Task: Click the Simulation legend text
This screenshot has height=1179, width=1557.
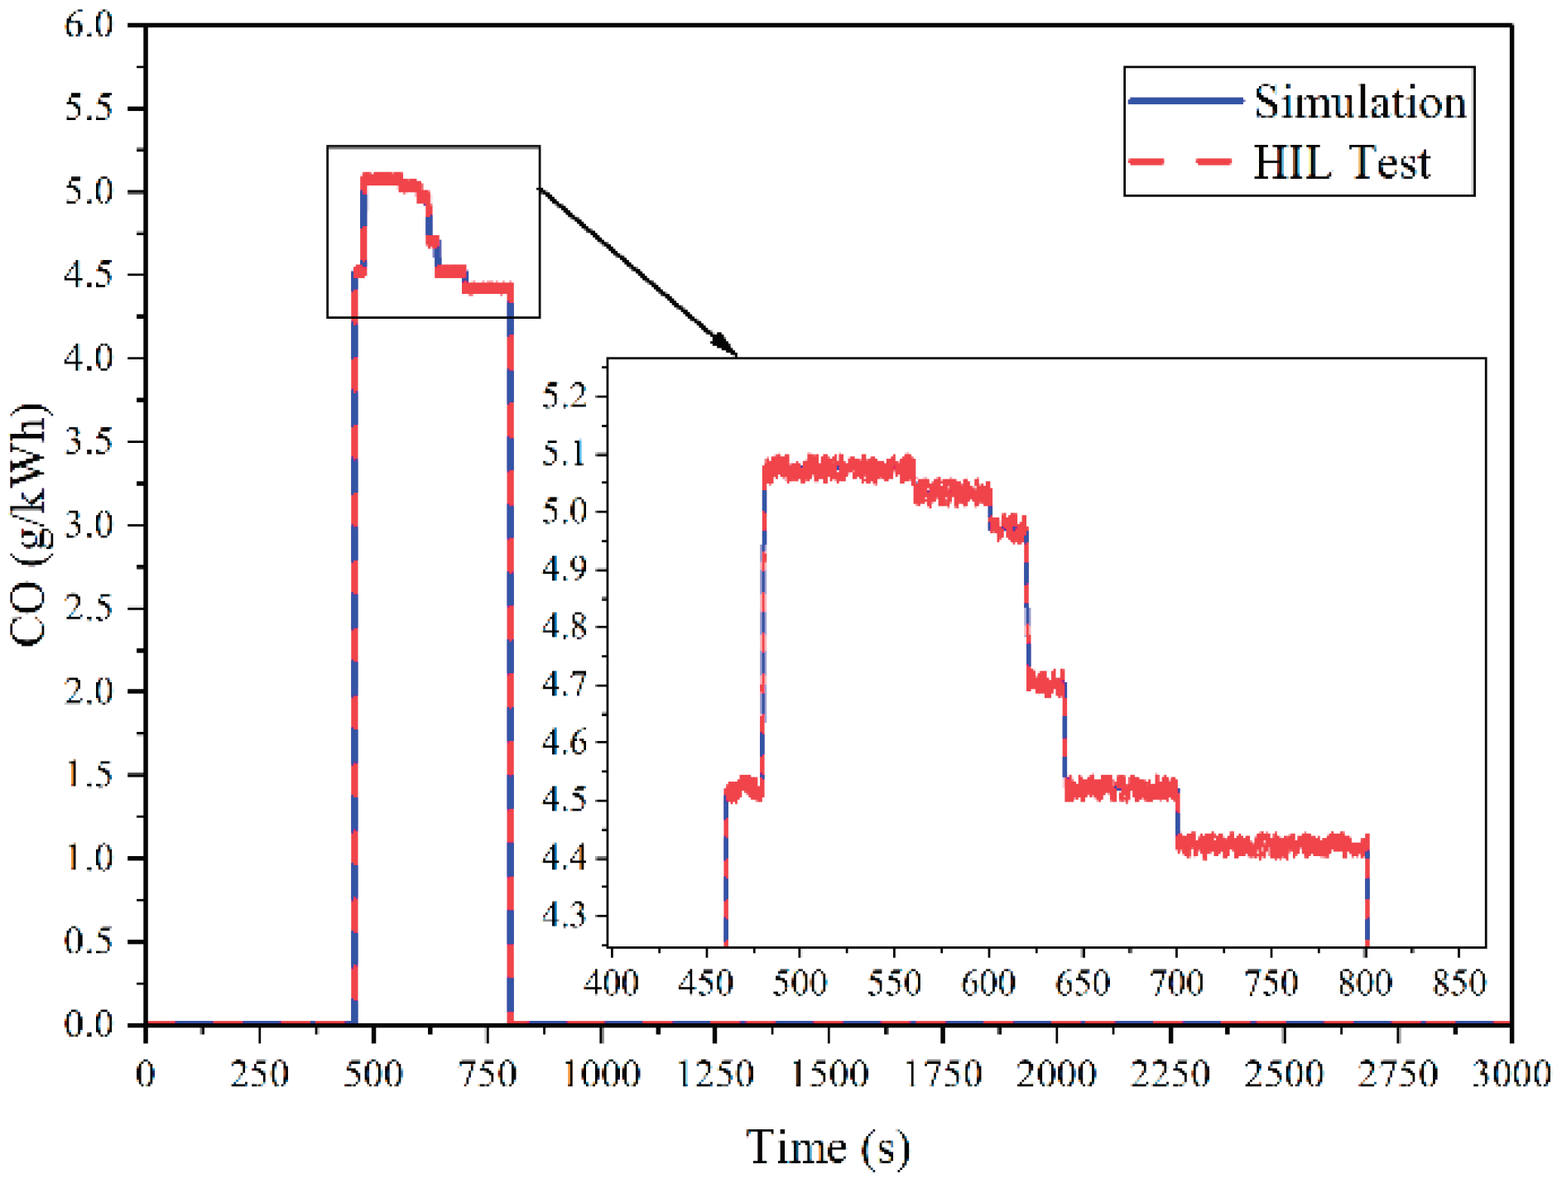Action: coord(1358,103)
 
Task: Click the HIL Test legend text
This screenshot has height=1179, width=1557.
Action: coord(1341,162)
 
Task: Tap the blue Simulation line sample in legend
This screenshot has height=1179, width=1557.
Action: coord(1185,100)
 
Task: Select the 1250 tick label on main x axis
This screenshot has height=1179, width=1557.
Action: coord(715,1075)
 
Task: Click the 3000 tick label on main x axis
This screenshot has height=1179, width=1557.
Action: coord(1510,1075)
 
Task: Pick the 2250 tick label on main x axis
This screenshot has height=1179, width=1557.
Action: coord(1170,1075)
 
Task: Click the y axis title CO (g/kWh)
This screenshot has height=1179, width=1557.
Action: coord(30,525)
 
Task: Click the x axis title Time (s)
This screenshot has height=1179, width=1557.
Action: coord(827,1148)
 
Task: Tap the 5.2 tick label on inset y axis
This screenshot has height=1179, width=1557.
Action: coord(564,396)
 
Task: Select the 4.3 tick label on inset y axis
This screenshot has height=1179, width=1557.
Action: coord(564,916)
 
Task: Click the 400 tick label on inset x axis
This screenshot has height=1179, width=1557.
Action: coord(611,983)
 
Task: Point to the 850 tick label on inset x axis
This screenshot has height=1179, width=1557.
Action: coord(1459,983)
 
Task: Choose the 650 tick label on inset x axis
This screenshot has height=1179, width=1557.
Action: coord(1082,983)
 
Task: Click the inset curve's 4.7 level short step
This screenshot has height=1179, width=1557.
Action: coord(1045,684)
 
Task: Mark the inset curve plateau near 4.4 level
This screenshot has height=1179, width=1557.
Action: coord(1271,846)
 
